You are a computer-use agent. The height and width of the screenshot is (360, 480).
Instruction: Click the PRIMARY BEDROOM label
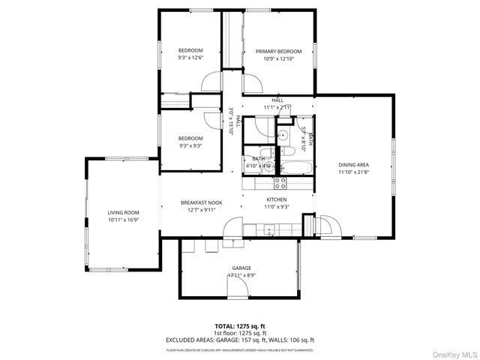click(x=278, y=51)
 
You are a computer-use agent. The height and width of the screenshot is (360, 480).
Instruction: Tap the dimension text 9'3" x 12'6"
click(x=190, y=58)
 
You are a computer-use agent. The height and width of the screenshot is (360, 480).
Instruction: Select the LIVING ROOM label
click(x=124, y=212)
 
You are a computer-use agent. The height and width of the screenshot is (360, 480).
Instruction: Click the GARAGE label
click(x=241, y=268)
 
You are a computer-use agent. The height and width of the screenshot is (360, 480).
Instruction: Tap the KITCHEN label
click(x=276, y=199)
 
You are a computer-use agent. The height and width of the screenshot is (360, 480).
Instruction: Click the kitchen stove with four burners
click(x=279, y=181)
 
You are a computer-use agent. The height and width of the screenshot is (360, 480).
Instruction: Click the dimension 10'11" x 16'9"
click(x=124, y=220)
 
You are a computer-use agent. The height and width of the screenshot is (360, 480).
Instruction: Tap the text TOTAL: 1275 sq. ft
click(x=240, y=326)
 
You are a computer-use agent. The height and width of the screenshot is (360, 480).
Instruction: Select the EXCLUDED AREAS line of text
click(x=240, y=340)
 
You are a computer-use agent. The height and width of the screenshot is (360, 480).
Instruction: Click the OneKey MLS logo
click(x=452, y=352)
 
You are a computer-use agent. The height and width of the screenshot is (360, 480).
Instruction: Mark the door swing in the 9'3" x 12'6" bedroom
click(x=212, y=81)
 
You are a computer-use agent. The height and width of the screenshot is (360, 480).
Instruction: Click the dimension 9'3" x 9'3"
click(x=190, y=146)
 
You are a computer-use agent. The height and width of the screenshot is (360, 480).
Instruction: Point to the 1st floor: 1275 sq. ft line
click(x=240, y=333)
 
